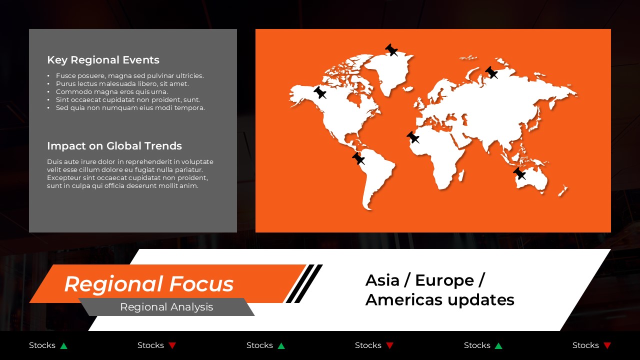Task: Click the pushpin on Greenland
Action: click(391, 50)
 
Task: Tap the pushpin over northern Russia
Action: click(491, 72)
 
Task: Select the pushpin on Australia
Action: click(519, 173)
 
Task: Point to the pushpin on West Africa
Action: click(412, 137)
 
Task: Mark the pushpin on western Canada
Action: click(320, 92)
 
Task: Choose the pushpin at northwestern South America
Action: click(358, 158)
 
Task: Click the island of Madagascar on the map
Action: click(461, 175)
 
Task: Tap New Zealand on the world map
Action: click(563, 190)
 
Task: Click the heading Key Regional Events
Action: click(103, 60)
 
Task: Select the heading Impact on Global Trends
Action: click(114, 146)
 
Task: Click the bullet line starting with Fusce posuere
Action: click(129, 76)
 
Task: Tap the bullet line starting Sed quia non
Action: click(130, 108)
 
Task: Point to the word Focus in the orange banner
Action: click(201, 284)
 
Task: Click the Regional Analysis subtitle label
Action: click(166, 307)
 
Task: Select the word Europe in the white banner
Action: click(444, 280)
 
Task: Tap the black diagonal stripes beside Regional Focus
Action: click(304, 283)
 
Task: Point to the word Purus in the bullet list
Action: click(65, 84)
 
